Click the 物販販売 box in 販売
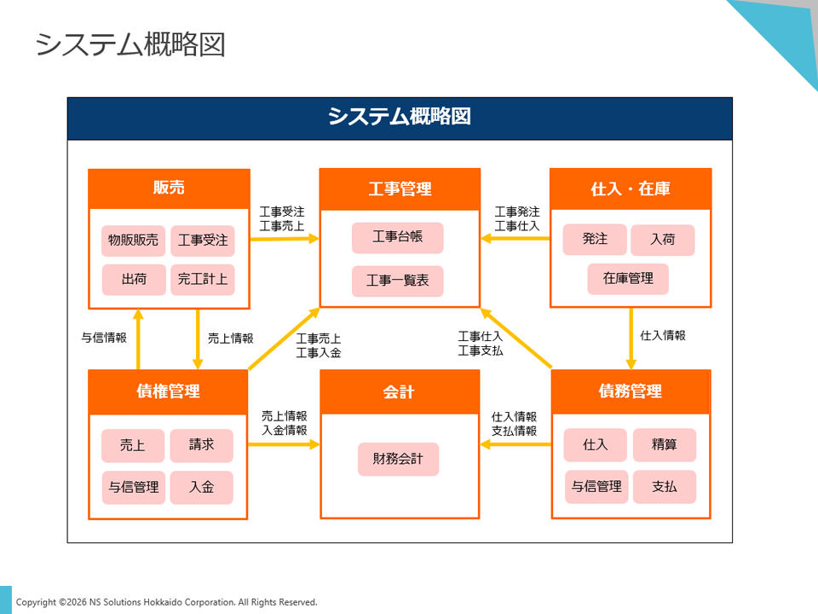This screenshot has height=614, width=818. click(x=133, y=240)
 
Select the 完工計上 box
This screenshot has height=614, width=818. click(x=203, y=279)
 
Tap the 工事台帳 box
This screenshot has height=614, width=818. click(x=398, y=237)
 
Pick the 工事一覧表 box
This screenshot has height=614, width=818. click(x=398, y=281)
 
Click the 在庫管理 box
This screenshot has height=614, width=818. click(x=628, y=279)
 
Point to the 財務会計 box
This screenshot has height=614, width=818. click(x=398, y=459)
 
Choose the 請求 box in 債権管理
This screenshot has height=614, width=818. click(x=201, y=445)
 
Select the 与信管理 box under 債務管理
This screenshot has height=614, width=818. click(x=596, y=487)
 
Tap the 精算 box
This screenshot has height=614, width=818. click(x=664, y=445)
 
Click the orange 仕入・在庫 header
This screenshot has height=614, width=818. click(x=631, y=188)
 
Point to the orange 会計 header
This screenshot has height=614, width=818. click(x=399, y=391)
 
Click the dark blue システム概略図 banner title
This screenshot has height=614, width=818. click(x=400, y=118)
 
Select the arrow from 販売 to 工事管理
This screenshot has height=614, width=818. click(x=285, y=239)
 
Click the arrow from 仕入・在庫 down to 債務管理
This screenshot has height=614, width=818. click(x=631, y=338)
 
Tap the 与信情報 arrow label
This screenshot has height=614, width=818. click(x=104, y=338)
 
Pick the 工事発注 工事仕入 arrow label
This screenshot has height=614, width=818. click(x=517, y=218)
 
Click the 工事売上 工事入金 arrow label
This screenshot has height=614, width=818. click(x=319, y=345)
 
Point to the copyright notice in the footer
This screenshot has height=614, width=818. click(x=167, y=602)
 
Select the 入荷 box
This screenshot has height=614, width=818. click(x=662, y=240)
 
